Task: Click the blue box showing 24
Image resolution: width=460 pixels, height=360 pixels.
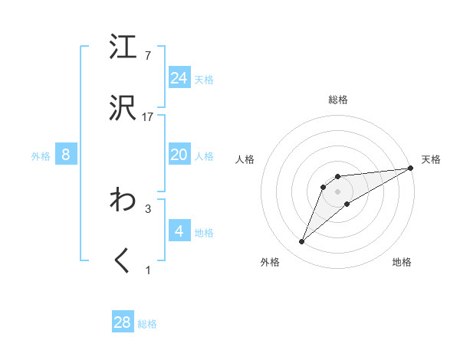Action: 179,78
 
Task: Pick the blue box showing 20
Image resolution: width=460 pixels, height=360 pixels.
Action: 179,155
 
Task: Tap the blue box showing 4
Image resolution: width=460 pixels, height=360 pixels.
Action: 179,231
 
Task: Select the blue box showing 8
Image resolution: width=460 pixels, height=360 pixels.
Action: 66,155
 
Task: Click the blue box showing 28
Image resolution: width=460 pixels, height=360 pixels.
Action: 123,322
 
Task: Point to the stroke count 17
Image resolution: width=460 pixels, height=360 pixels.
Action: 148,117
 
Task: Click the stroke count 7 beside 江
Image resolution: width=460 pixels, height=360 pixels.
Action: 148,55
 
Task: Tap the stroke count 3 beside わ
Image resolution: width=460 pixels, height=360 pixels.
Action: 148,208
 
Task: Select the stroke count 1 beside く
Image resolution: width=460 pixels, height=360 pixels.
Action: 148,270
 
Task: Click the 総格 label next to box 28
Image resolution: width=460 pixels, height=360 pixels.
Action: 147,324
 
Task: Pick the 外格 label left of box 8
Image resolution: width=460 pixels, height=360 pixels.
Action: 41,156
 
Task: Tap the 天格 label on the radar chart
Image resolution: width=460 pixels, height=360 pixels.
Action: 431,159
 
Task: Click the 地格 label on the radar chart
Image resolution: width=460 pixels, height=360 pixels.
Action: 402,262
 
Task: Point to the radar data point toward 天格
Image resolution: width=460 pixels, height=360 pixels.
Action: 412,169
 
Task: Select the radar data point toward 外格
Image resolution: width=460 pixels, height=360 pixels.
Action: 302,242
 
